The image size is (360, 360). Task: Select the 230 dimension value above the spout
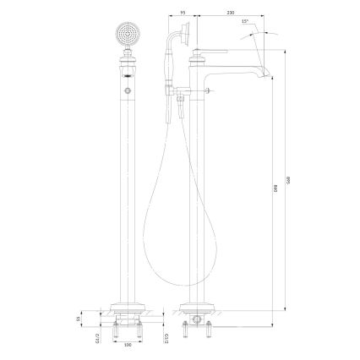click(x=207, y=14)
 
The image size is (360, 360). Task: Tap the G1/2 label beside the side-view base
click(x=167, y=340)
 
